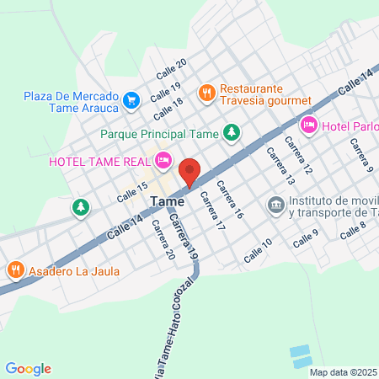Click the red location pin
coord(189,171)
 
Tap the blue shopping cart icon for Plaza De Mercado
coord(131,100)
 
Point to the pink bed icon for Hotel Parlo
coord(309,125)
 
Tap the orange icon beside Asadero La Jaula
coord(15,270)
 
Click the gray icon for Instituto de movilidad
coord(275,205)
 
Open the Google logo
coord(29,368)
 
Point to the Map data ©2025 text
coord(343,371)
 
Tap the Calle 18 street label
coord(167,108)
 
